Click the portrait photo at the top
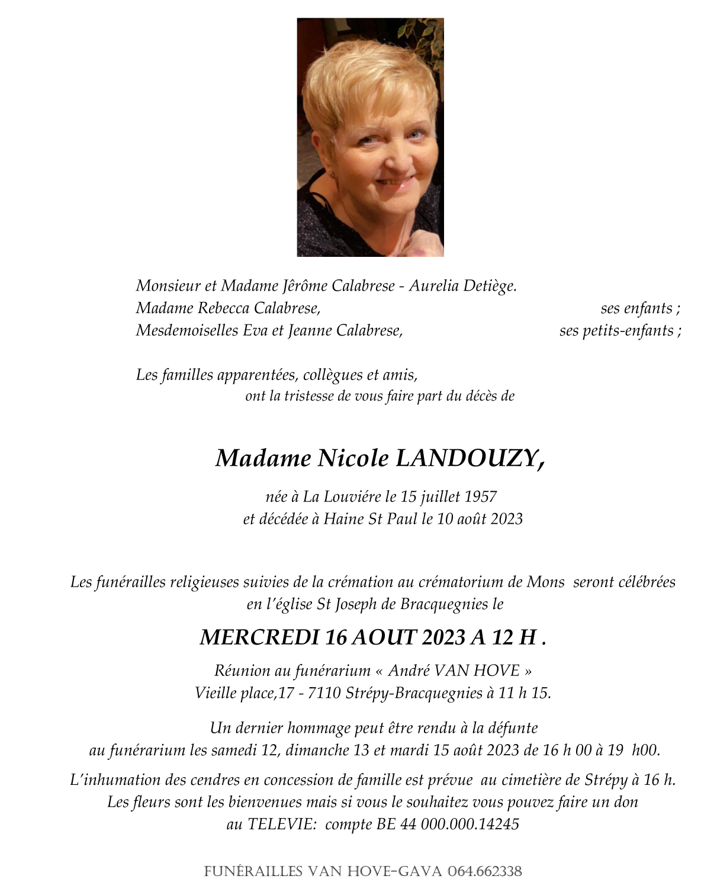(370, 137)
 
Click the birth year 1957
(480, 497)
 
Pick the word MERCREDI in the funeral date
(259, 637)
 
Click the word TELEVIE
(281, 825)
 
